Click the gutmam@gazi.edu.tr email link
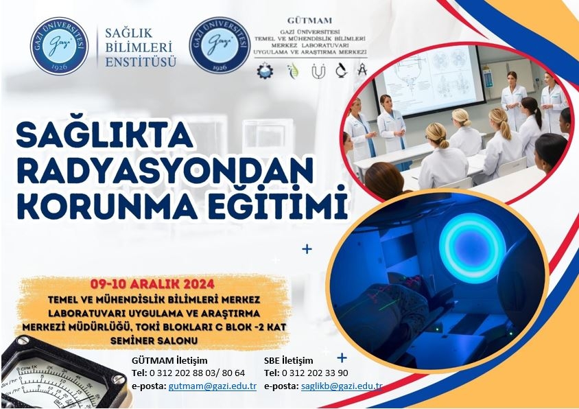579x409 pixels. click(x=213, y=386)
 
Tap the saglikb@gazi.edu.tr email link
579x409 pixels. click(x=342, y=386)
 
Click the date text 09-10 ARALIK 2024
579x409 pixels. click(x=152, y=284)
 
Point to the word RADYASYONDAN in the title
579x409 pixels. click(x=165, y=170)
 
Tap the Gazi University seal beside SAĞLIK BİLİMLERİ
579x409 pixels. click(x=60, y=46)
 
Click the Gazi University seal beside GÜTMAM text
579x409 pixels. click(x=220, y=45)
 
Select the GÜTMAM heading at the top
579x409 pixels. click(x=309, y=21)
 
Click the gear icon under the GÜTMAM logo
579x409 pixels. click(x=265, y=71)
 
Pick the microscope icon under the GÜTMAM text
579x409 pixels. click(x=341, y=70)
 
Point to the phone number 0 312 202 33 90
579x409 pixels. click(x=315, y=373)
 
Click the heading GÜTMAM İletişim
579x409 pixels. click(x=169, y=360)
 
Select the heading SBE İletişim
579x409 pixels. click(x=288, y=360)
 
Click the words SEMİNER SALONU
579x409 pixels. click(x=154, y=340)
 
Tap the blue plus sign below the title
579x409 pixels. click(x=307, y=249)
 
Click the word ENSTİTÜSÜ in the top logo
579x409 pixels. click(x=141, y=62)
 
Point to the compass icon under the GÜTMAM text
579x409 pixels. click(x=362, y=69)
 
